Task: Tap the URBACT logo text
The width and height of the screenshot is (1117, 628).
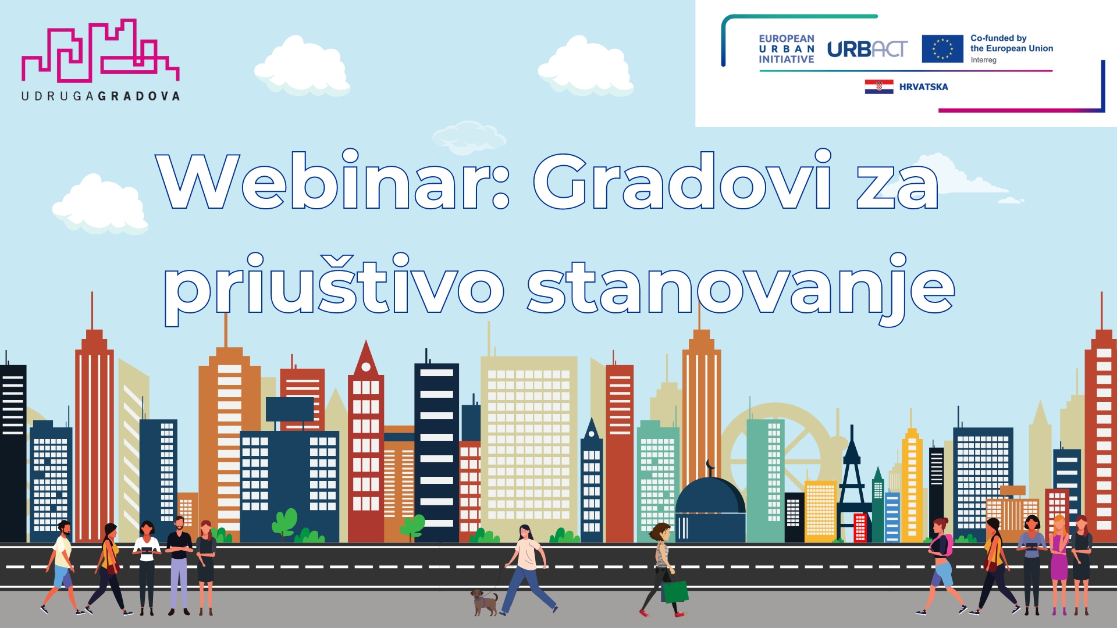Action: click(x=867, y=49)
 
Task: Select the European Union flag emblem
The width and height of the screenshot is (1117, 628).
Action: click(x=942, y=49)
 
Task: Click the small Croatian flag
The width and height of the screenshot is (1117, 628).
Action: click(x=878, y=87)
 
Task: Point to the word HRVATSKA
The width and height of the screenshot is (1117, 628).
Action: click(x=923, y=87)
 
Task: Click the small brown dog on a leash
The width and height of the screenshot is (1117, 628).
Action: click(x=484, y=602)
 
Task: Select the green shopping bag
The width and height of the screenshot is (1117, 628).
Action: click(x=675, y=591)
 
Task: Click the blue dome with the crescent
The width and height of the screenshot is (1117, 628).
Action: click(x=710, y=500)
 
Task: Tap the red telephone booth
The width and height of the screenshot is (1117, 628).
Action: click(x=860, y=527)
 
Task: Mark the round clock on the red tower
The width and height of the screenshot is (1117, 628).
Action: click(x=366, y=367)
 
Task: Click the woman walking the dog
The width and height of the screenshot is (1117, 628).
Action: click(x=528, y=567)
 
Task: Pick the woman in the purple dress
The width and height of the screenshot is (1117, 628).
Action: click(x=1059, y=561)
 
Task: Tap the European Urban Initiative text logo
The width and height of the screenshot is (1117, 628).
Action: click(x=786, y=49)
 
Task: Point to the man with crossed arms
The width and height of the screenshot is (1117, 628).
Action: click(x=179, y=561)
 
